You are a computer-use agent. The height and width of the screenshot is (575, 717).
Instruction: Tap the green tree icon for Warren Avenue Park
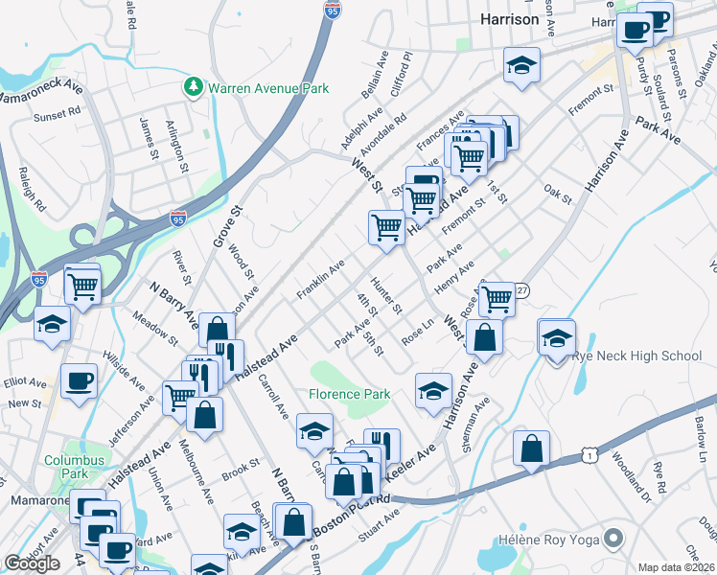pyautogui.click(x=194, y=88)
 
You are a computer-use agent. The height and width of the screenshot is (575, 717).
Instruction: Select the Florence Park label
pyautogui.click(x=349, y=394)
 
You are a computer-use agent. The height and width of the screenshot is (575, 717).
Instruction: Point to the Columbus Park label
pyautogui.click(x=72, y=467)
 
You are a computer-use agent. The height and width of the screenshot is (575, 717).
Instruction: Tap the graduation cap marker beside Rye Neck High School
pyautogui.click(x=556, y=338)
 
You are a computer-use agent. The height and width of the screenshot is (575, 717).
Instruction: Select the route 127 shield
pyautogui.click(x=520, y=289)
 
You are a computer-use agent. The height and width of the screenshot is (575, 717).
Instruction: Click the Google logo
pyautogui.click(x=32, y=563)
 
